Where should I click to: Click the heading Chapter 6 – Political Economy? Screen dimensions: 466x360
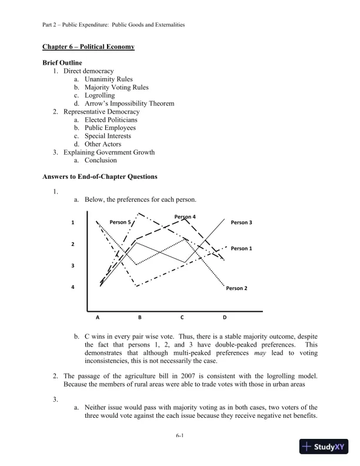(89, 46)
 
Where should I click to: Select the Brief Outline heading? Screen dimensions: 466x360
(62, 63)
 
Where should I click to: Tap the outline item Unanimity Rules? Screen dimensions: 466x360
(108, 79)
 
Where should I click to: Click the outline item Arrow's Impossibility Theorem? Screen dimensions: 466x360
(129, 104)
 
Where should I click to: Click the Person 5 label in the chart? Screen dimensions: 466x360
(121, 222)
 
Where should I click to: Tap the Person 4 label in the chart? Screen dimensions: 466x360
(185, 217)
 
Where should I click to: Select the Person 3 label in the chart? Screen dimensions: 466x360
(241, 222)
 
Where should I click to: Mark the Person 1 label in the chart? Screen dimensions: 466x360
(241, 248)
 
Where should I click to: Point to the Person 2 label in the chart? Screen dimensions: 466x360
(236, 288)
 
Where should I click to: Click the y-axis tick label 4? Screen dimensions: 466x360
(73, 287)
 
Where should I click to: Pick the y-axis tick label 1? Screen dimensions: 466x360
(73, 222)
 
